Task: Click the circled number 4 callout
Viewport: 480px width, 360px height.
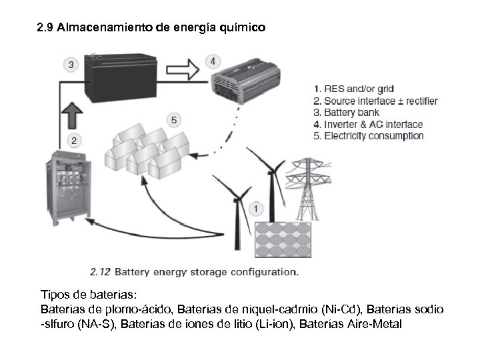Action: [212, 61]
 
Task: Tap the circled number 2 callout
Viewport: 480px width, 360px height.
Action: [75, 140]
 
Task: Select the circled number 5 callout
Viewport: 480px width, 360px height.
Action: [174, 120]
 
